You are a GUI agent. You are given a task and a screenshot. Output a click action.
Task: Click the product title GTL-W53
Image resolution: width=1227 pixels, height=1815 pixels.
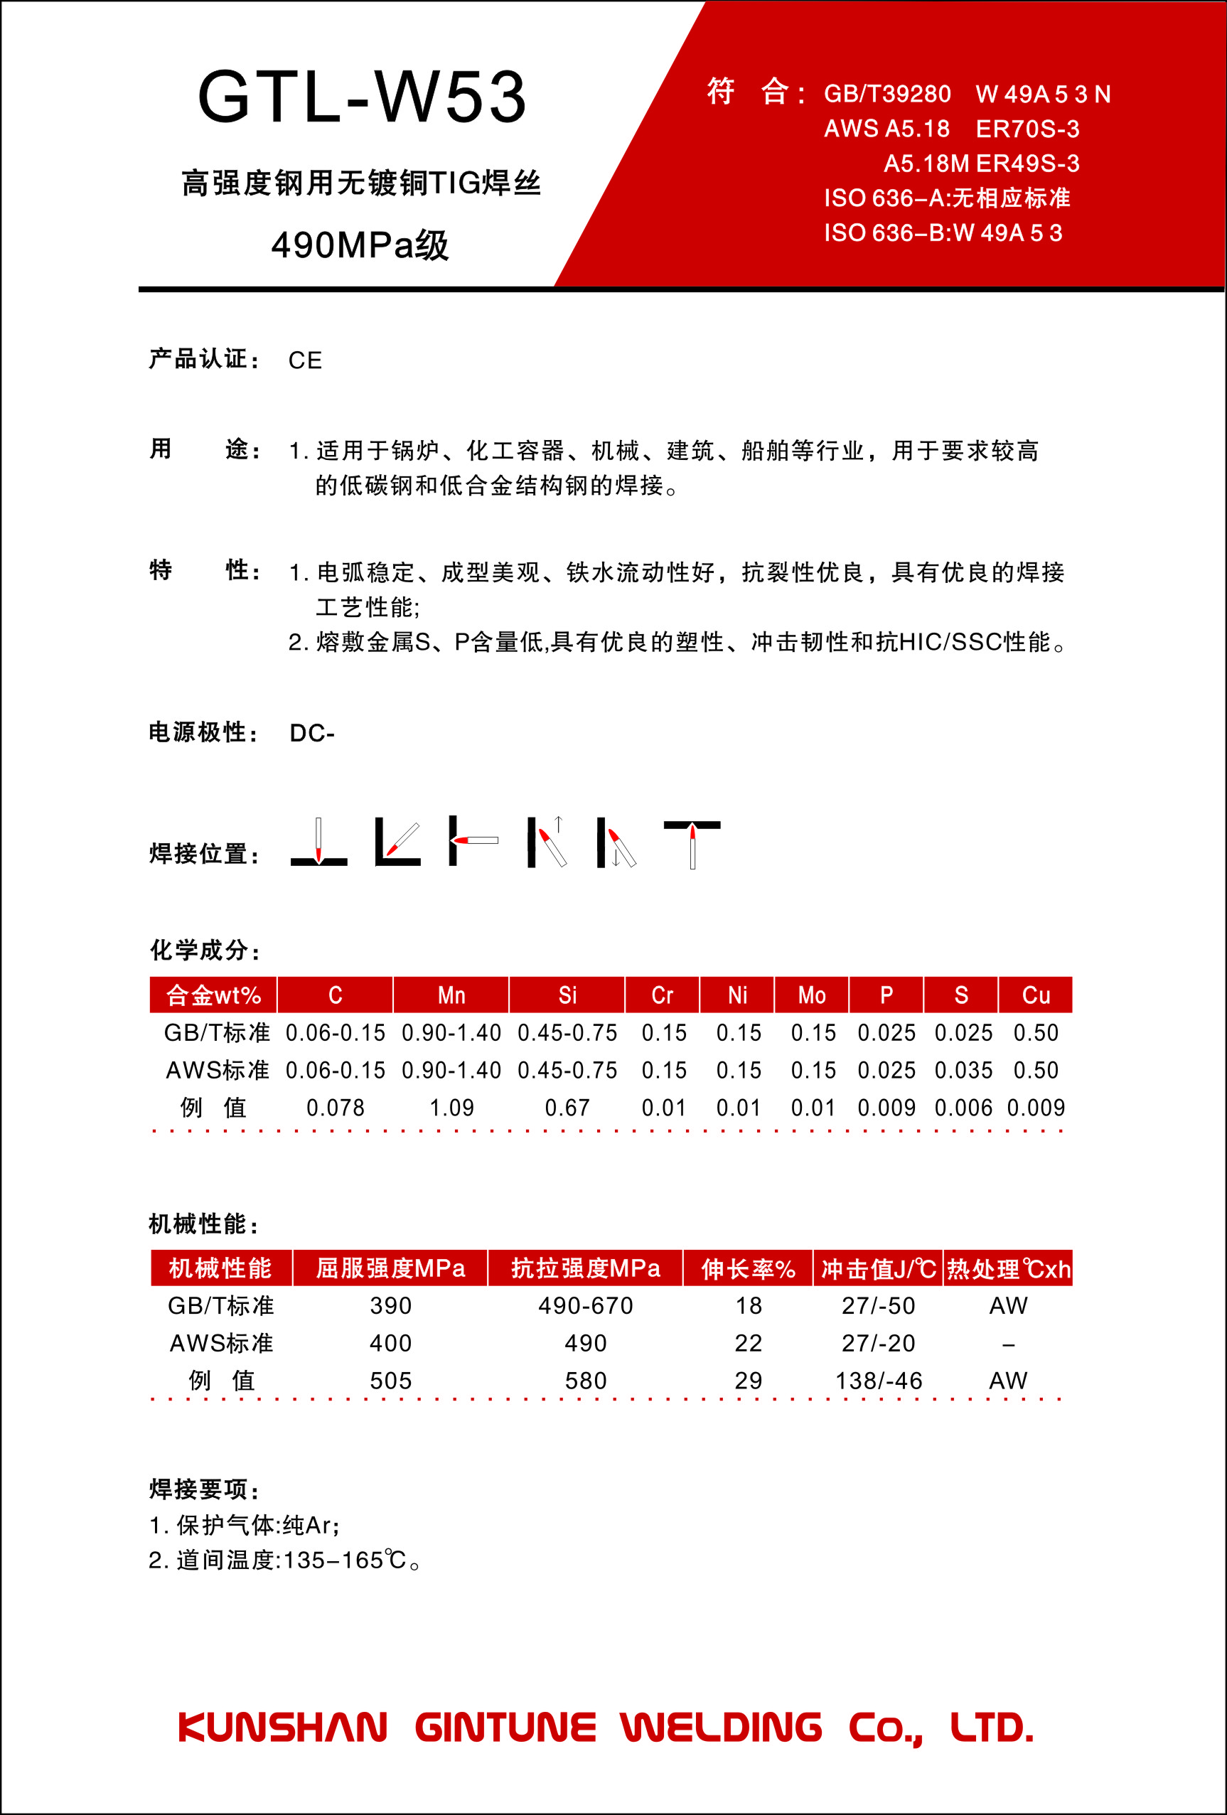click(x=362, y=97)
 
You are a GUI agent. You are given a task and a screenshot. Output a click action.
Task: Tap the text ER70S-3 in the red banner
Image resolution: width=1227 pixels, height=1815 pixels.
click(x=1027, y=129)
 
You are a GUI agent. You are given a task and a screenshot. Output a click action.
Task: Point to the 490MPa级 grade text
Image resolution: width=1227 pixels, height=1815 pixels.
click(x=360, y=245)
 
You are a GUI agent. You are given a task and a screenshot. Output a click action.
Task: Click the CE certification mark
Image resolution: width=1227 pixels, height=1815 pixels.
click(x=304, y=360)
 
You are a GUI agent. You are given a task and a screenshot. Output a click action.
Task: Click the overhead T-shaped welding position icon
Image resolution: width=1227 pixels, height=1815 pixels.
click(x=692, y=842)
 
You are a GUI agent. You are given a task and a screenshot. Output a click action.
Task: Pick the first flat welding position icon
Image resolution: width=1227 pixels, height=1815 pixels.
click(x=318, y=842)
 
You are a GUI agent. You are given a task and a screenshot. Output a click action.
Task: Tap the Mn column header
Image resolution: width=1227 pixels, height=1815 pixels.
click(x=451, y=995)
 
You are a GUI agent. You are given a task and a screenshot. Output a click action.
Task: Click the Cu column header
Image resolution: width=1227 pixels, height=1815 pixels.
click(x=1036, y=995)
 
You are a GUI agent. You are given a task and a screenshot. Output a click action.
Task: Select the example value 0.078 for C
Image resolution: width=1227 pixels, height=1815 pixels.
click(x=335, y=1108)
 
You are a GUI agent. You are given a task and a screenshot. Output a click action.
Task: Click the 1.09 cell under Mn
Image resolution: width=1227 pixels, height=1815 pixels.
click(x=451, y=1108)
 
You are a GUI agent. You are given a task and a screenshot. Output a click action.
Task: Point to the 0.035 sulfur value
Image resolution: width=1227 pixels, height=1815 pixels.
click(x=963, y=1070)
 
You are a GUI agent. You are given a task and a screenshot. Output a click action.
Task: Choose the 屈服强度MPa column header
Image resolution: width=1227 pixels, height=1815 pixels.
click(x=390, y=1268)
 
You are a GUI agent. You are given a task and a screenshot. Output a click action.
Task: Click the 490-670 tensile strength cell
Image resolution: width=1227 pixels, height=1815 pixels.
click(x=585, y=1306)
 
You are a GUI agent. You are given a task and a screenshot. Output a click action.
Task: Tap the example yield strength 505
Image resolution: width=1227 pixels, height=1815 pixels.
click(x=390, y=1381)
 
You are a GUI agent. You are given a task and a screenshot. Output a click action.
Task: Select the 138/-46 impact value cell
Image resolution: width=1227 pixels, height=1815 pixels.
click(x=879, y=1381)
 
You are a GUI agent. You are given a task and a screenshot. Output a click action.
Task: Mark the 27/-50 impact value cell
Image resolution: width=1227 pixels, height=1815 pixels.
click(x=879, y=1306)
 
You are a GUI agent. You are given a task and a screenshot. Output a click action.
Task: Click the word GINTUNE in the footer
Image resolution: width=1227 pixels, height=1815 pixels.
click(x=505, y=1728)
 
